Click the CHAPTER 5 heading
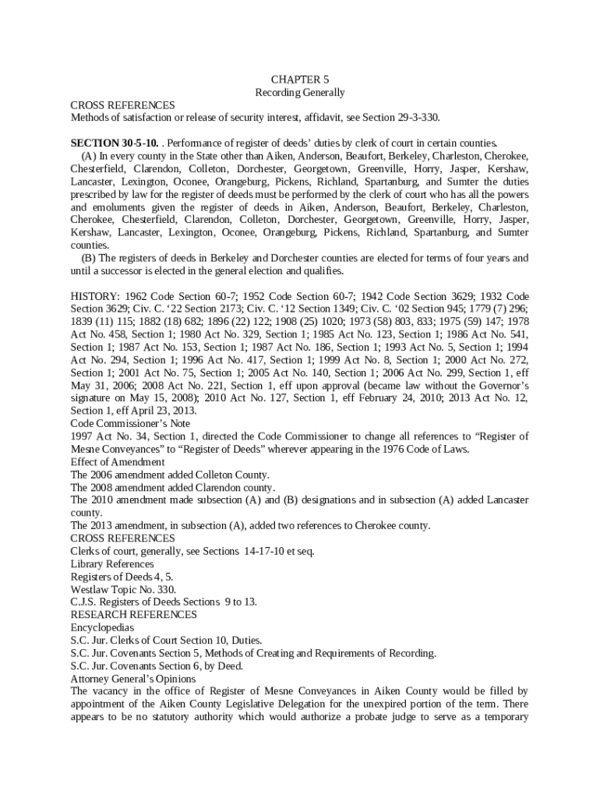point(300,79)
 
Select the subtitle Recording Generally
point(300,92)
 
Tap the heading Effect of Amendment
point(118,461)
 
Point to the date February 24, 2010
point(367,398)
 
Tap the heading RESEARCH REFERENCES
point(134,614)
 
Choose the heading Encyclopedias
point(102,627)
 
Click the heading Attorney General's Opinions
point(133,678)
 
